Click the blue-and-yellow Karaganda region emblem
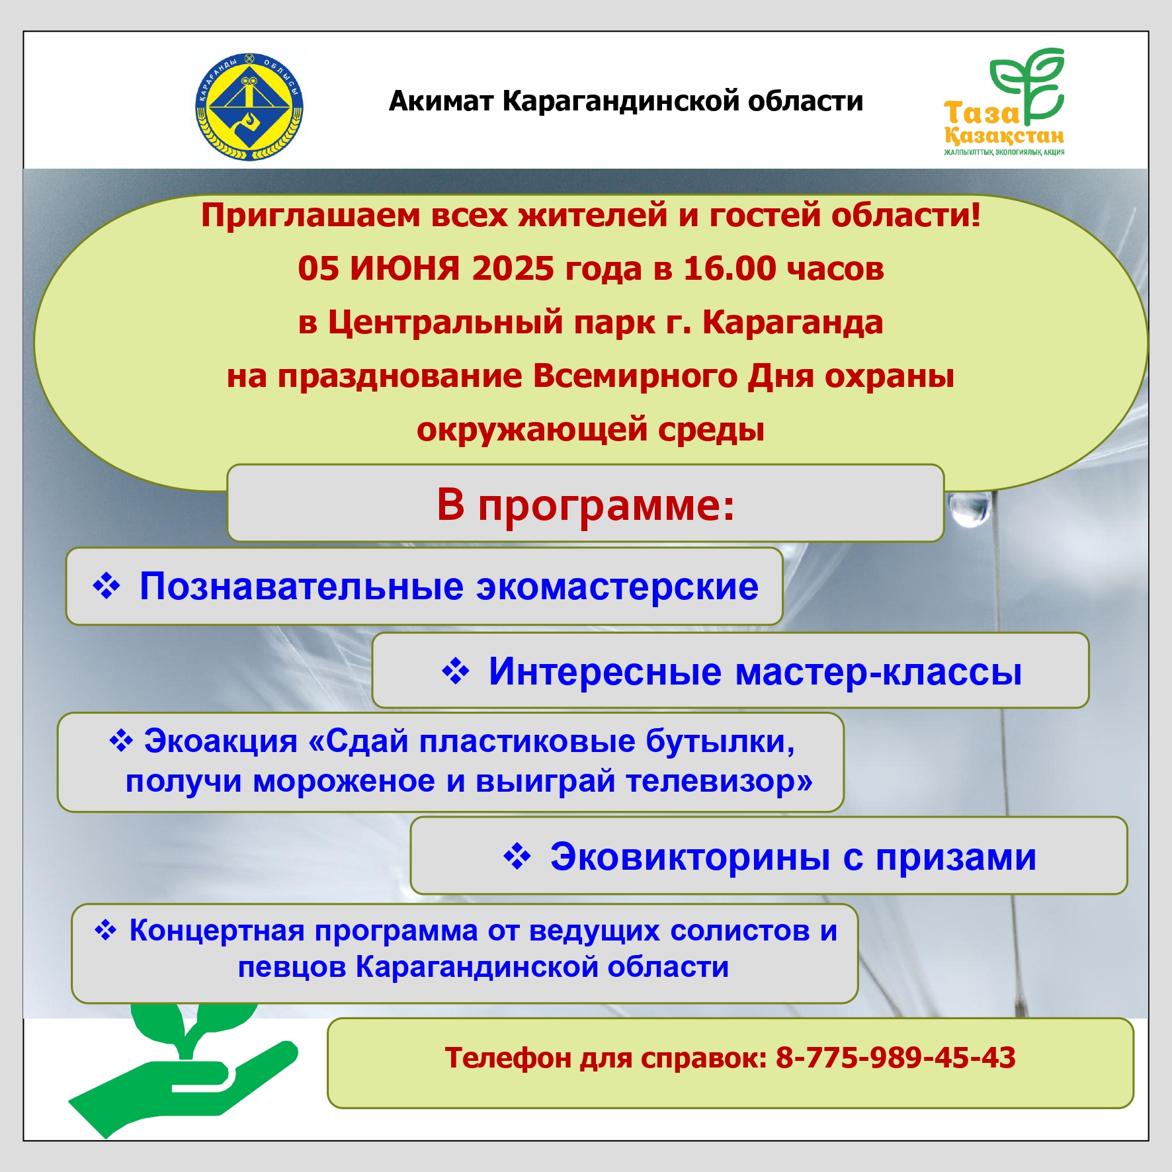pos(249,106)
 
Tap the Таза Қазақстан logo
pos(1004,102)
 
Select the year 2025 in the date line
pos(513,269)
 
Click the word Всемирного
pos(634,376)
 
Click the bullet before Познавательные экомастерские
pos(106,586)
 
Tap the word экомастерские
pos(617,587)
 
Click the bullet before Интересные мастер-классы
pos(456,671)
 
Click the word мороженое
pos(344,781)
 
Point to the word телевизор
pos(712,781)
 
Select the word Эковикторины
pos(690,857)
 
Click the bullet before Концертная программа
pos(106,930)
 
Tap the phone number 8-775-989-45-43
pos(896,1058)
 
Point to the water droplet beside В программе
pos(969,508)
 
